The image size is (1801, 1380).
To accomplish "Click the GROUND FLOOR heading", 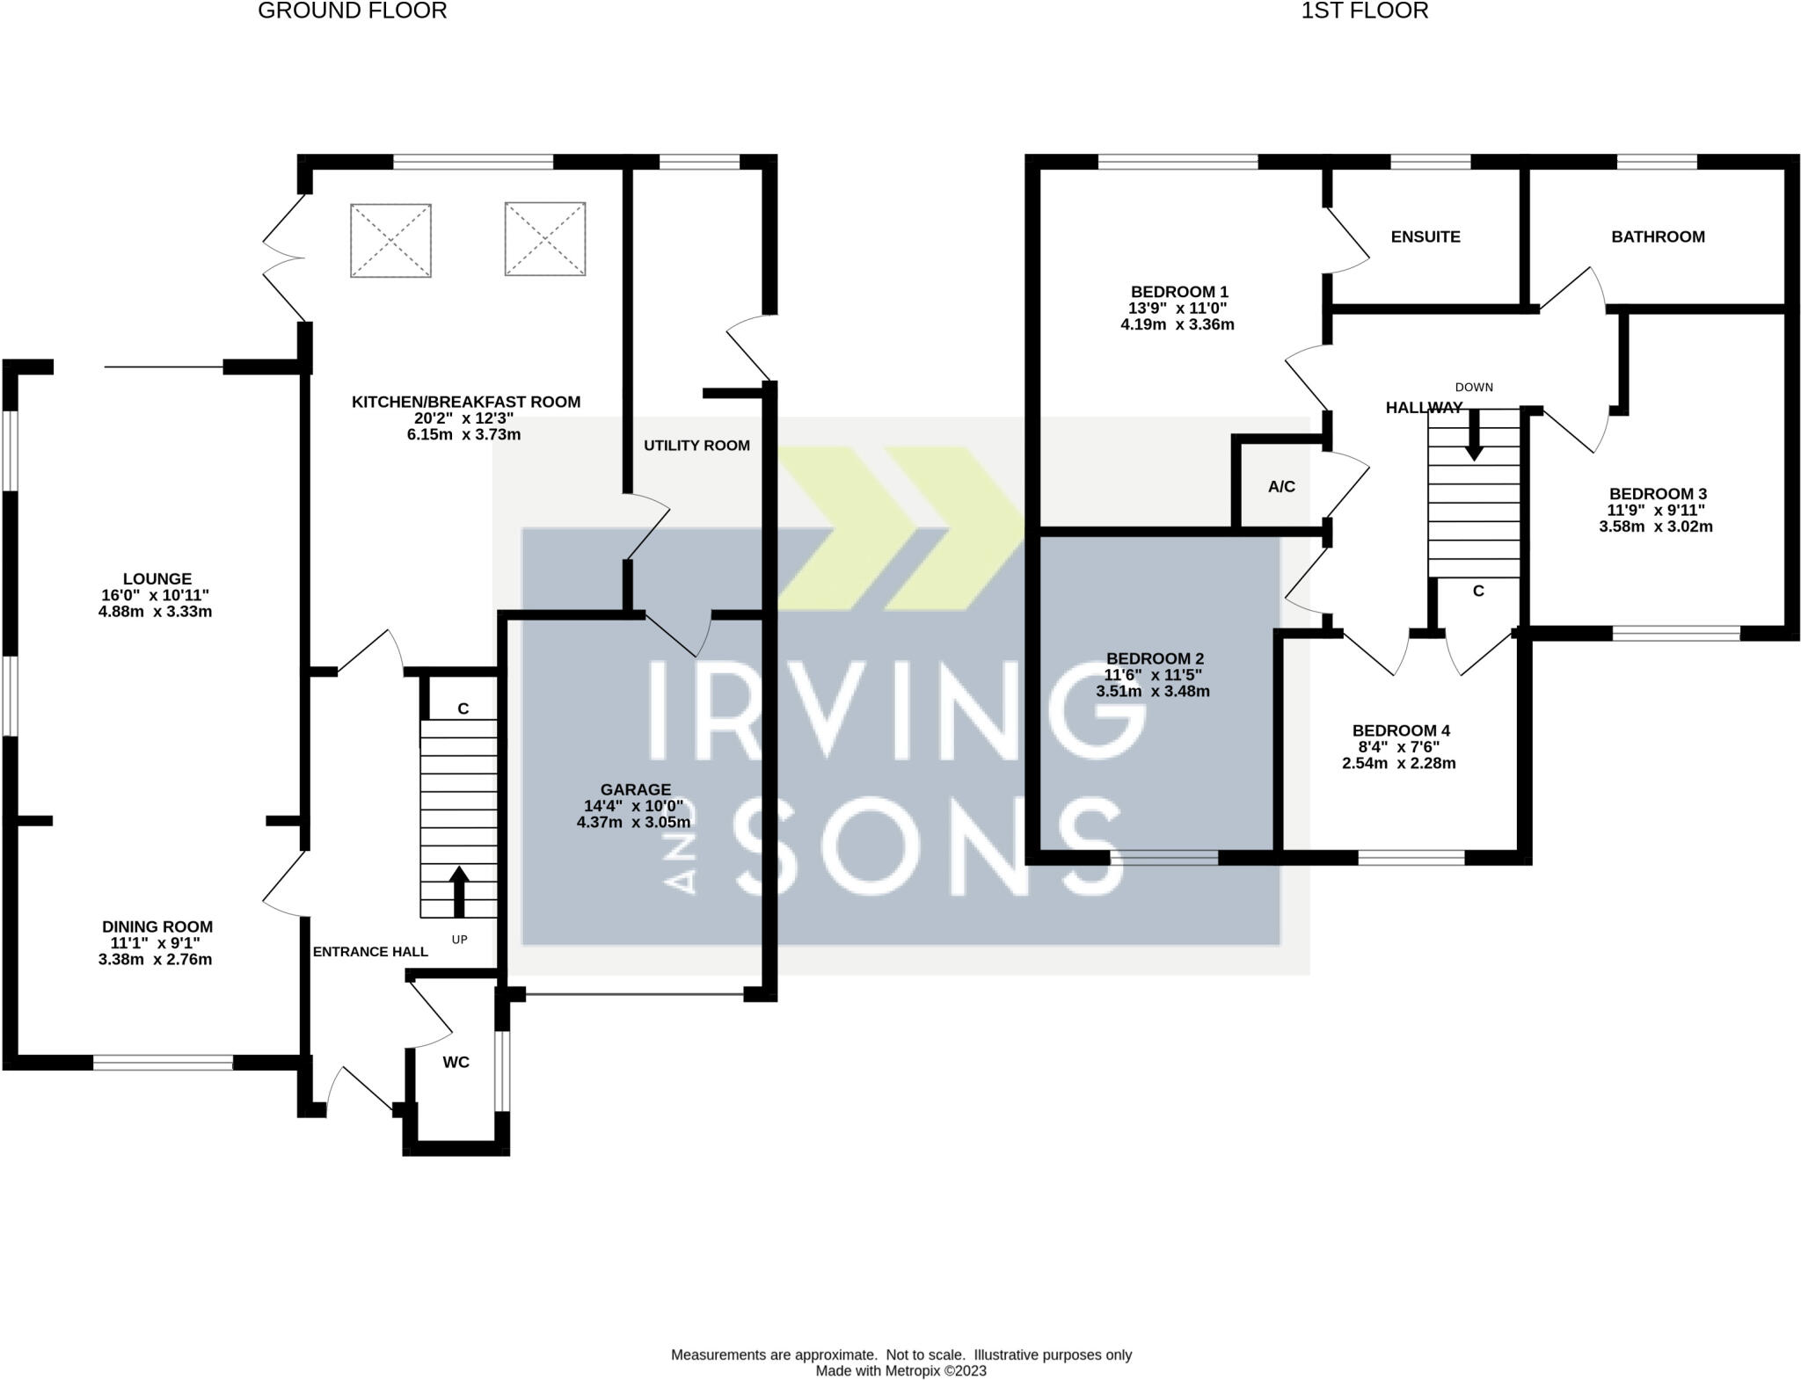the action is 352,11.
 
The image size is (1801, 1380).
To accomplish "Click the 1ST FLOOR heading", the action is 1365,11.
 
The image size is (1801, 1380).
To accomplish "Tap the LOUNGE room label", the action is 157,579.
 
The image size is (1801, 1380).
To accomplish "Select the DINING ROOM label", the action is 157,926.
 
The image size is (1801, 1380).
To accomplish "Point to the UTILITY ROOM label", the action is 696,446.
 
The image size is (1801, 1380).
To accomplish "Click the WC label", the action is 456,1063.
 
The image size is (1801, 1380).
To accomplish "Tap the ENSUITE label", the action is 1425,236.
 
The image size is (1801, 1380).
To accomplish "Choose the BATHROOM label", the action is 1658,236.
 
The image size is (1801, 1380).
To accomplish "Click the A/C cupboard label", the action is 1281,487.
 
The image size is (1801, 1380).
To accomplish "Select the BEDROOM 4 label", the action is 1401,730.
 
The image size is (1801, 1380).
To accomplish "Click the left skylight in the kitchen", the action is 390,241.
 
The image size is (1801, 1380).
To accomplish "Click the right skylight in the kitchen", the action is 545,239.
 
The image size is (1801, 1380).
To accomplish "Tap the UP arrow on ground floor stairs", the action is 457,893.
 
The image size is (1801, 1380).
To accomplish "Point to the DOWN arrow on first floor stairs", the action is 1474,435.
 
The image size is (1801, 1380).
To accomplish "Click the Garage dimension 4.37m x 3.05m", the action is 633,823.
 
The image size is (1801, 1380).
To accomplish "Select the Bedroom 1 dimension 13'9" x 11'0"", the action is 1178,309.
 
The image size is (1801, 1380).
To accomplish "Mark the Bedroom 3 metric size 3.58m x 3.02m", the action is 1656,527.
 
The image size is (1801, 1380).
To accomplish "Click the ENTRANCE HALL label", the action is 370,952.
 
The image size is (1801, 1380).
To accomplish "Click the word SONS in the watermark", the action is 928,846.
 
